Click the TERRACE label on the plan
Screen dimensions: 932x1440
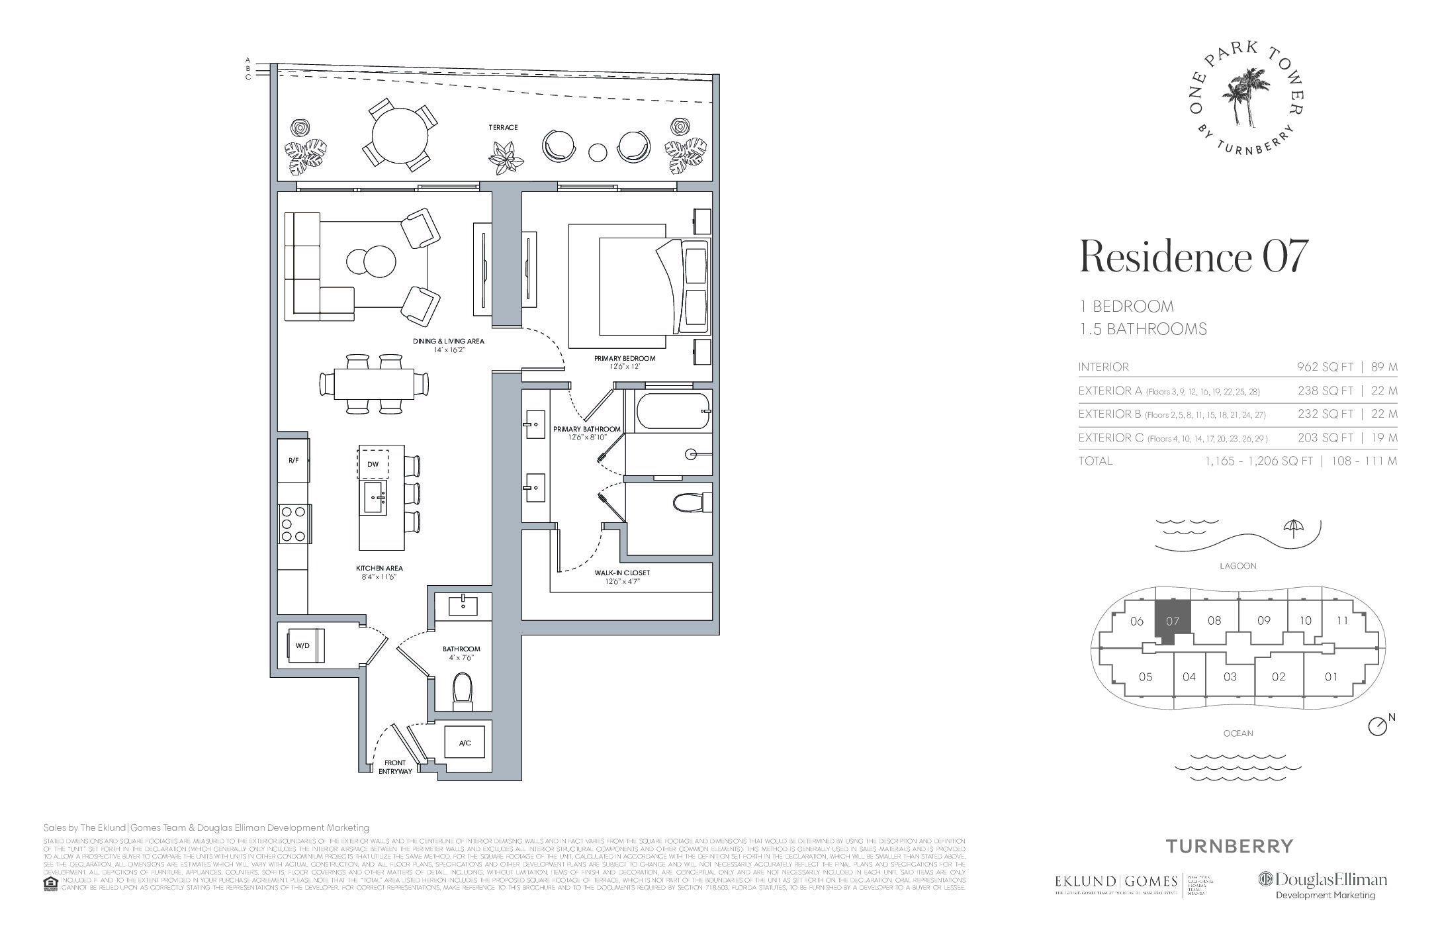pos(503,127)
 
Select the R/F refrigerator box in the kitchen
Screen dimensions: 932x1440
pos(294,460)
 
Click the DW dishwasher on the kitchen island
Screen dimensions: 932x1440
pos(373,464)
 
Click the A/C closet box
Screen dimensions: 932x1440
pos(465,743)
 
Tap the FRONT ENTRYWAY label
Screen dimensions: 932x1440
pos(394,767)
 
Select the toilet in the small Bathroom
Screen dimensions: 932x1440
pos(463,691)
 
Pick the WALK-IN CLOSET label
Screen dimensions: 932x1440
pos(622,573)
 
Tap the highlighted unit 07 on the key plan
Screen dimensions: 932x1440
pos(1172,622)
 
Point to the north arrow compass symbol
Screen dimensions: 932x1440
pos(1376,745)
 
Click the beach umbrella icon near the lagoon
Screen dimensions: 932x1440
pos(1291,527)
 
